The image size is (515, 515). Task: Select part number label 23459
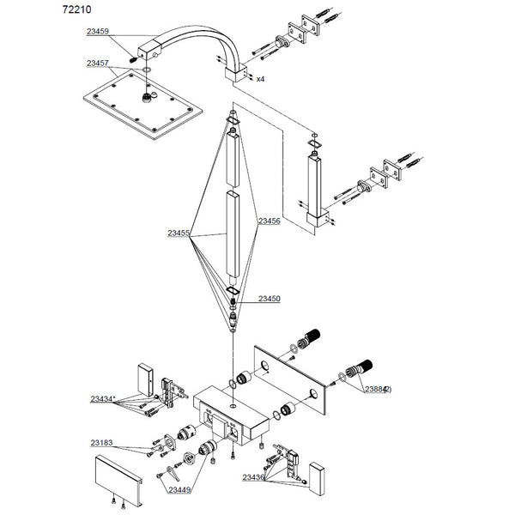[x=98, y=31]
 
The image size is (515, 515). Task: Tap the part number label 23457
[x=98, y=64]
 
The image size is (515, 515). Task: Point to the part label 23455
[x=179, y=233]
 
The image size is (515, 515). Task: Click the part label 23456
[x=269, y=221]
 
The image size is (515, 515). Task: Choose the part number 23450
[x=269, y=299]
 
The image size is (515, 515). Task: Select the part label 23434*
[x=102, y=398]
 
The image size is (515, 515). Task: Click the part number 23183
[x=100, y=443]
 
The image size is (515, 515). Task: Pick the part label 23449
[x=179, y=489]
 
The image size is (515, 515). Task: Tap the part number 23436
[x=253, y=477]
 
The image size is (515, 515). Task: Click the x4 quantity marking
[x=259, y=78]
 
